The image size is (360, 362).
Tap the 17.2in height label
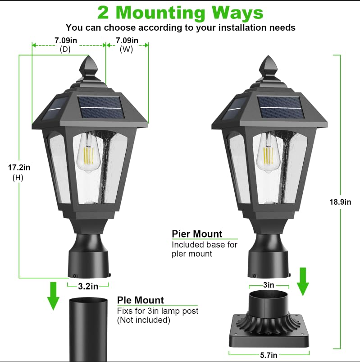pos(19,167)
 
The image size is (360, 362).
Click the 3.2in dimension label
pos(88,286)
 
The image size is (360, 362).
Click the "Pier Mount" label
pos(197,234)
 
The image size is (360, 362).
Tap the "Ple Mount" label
pos(141,300)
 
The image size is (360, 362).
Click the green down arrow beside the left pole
pos(54,296)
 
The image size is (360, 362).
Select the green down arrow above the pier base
pos(303,281)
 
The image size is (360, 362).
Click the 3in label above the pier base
pos(268,285)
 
